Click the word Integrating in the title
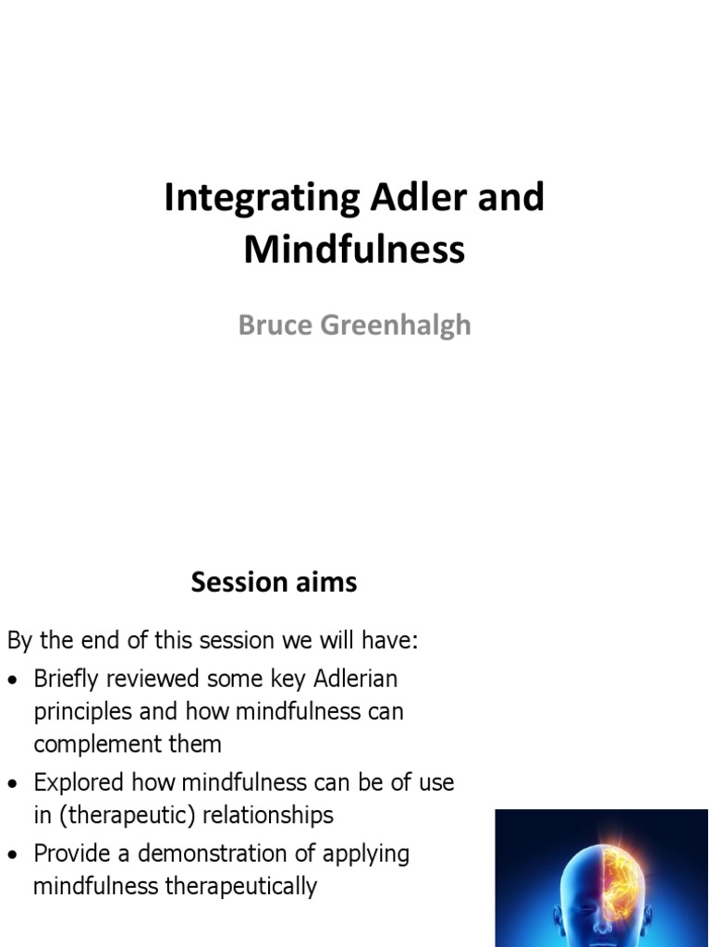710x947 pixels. pos(262,198)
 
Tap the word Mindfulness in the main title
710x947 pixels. pos(354,249)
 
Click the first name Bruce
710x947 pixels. pos(275,325)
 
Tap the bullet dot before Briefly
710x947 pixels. pos(13,681)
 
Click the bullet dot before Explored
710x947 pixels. pos(13,784)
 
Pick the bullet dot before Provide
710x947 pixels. pos(13,855)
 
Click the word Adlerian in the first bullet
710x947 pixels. pos(356,678)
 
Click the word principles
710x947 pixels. pos(83,712)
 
